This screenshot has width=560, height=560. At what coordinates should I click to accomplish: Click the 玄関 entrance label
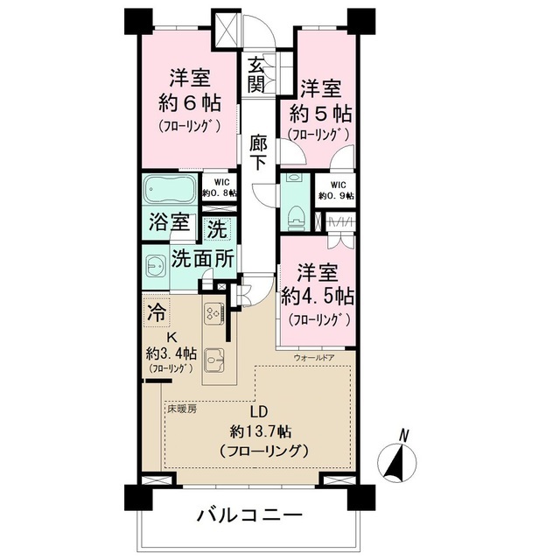(x=255, y=74)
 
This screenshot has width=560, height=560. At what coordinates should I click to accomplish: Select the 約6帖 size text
(x=188, y=101)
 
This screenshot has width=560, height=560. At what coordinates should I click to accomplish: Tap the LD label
(x=259, y=410)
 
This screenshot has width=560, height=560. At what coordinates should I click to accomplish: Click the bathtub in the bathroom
(x=171, y=191)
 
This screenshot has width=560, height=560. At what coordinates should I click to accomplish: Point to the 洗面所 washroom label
(x=201, y=259)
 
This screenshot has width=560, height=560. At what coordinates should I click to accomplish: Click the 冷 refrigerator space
(x=157, y=311)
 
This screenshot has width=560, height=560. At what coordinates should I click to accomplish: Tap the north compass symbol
(x=399, y=458)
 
